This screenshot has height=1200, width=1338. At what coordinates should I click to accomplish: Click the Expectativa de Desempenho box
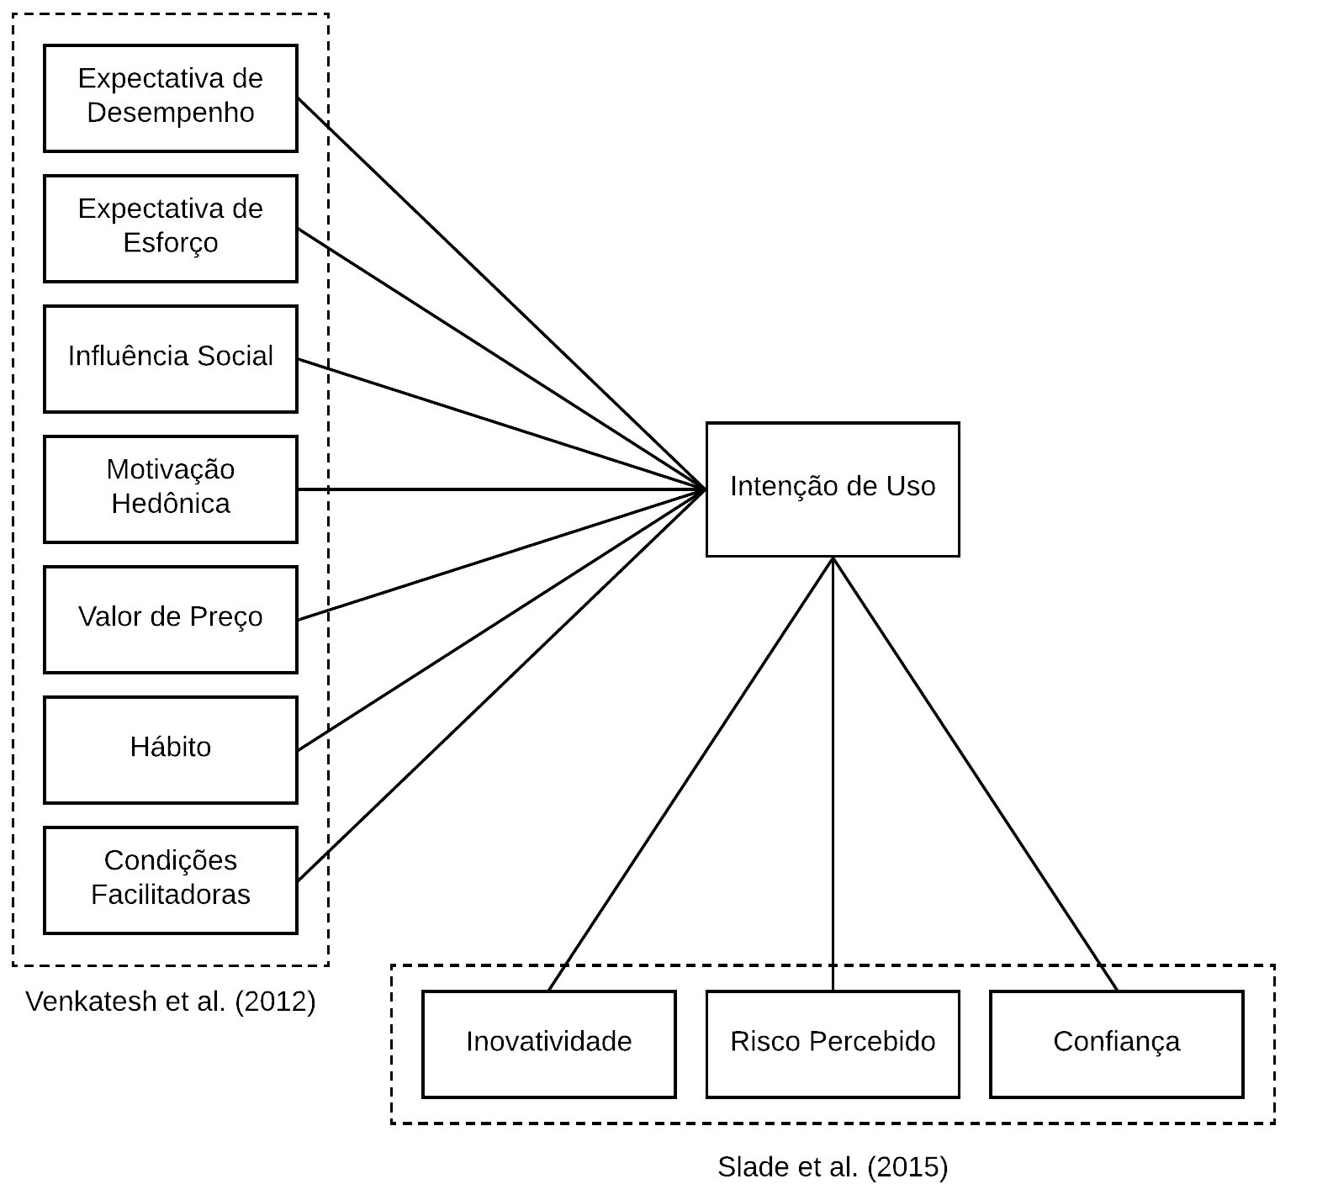coord(170,98)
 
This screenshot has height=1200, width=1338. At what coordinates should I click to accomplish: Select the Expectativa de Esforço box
coord(170,229)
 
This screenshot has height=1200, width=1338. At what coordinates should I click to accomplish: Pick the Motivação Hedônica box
coord(170,489)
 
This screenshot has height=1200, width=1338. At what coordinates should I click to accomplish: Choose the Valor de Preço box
coord(170,620)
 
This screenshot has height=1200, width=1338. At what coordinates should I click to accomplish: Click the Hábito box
coord(170,749)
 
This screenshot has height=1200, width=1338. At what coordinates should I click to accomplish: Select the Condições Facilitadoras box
coord(170,880)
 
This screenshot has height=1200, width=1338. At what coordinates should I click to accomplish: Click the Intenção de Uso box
coord(832,489)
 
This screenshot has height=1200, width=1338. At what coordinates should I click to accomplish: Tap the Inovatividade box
coord(548,1044)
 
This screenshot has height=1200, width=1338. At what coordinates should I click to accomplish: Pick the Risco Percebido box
coord(832,1044)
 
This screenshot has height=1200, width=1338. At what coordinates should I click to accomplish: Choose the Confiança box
coord(1116,1044)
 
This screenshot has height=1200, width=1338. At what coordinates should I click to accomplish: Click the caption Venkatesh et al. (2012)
coord(171,1002)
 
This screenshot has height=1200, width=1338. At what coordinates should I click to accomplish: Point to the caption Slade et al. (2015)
coord(832,1167)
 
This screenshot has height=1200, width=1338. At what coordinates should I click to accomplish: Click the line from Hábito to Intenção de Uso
coord(501,620)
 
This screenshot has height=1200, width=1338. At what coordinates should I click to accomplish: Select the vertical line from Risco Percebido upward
coord(833,774)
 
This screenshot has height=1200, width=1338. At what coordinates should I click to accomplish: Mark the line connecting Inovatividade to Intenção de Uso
coord(690,774)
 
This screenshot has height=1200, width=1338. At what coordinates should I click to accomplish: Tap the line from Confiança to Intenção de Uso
coord(976,774)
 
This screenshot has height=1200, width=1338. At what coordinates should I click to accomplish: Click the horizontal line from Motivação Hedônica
coord(501,489)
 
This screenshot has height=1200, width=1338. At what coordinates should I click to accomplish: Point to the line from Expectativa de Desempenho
coord(501,294)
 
